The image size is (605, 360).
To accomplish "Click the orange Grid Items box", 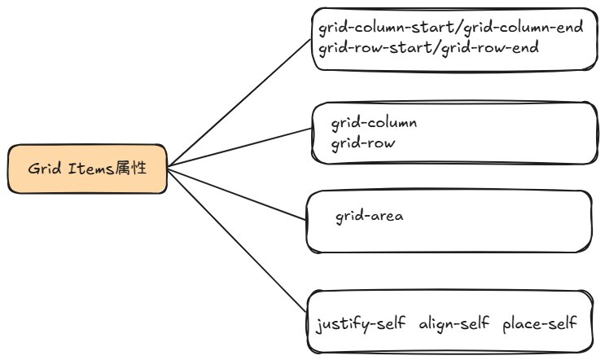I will point(88,169).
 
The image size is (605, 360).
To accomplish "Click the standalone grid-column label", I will point(374,124).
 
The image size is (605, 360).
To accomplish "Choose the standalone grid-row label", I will point(363,143).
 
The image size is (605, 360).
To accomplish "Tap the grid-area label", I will point(370,217).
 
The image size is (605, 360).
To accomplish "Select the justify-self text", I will point(363,324).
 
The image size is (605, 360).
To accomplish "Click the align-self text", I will point(454,324).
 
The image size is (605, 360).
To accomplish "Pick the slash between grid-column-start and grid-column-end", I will point(458,29).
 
